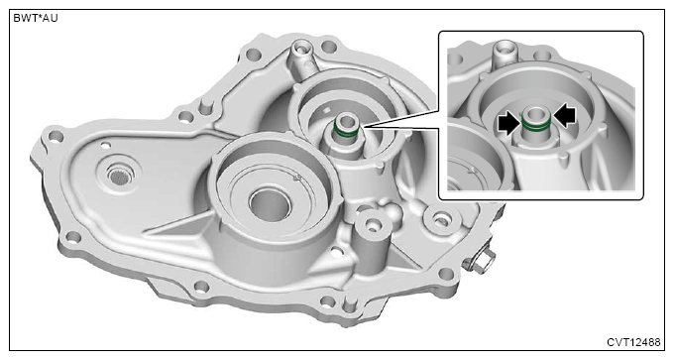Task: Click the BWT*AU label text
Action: (x=36, y=19)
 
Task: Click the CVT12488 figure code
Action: (x=633, y=342)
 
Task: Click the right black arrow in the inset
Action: (x=564, y=117)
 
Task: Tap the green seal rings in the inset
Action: (x=536, y=125)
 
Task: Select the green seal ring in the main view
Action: (x=345, y=131)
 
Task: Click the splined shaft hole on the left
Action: (x=120, y=176)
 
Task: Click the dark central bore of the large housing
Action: (x=270, y=204)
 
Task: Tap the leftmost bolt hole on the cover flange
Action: (x=56, y=136)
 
